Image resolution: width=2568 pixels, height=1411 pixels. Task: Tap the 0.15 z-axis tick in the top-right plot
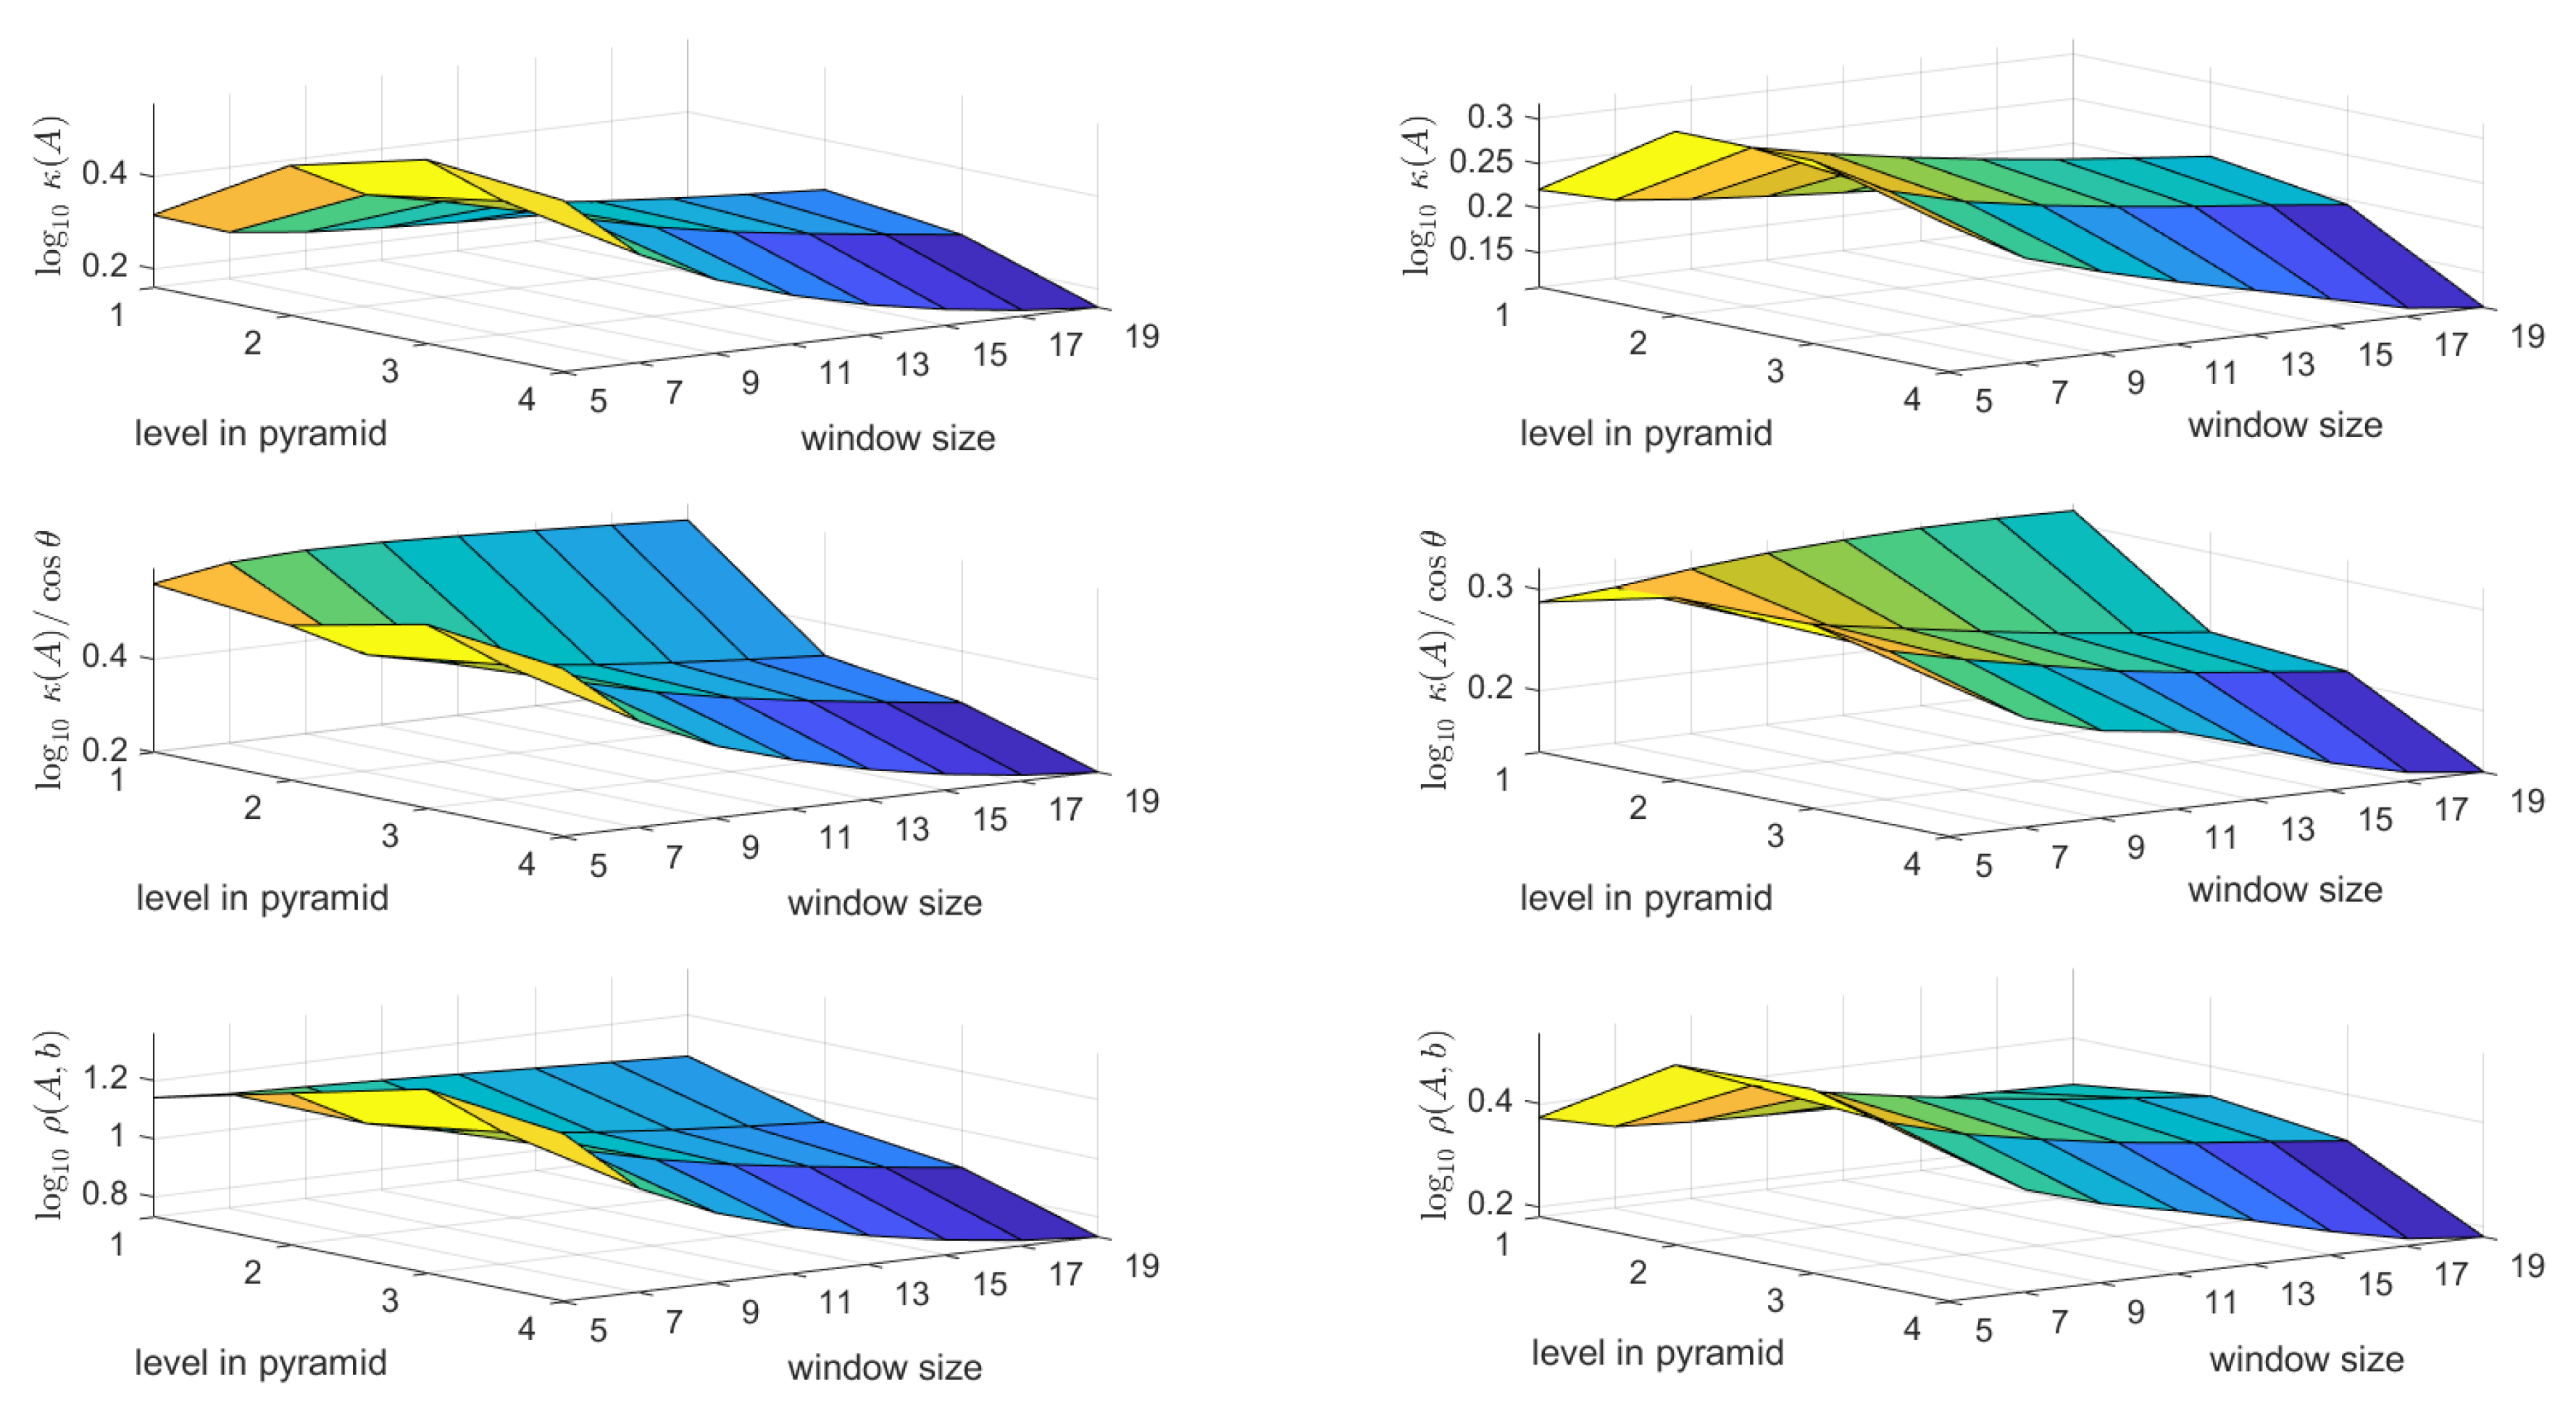(1480, 249)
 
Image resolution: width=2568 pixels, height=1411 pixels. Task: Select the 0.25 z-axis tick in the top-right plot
(1480, 161)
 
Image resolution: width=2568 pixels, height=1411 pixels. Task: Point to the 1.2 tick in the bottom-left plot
(104, 1078)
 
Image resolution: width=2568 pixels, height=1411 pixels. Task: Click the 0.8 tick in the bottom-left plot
(104, 1194)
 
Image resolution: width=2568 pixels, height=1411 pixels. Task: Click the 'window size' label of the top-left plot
(897, 438)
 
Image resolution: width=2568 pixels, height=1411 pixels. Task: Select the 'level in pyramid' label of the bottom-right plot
(1657, 1352)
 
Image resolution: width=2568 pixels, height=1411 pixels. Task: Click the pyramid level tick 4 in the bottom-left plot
(526, 1328)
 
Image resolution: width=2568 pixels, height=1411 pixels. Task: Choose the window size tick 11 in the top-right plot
(2220, 373)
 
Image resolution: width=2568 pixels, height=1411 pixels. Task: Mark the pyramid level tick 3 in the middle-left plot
(389, 835)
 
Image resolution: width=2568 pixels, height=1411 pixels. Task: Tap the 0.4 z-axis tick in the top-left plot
(104, 173)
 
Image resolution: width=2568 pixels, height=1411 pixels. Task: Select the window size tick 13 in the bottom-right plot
(2297, 1294)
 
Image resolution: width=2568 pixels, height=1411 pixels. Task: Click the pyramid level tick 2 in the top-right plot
(1637, 343)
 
